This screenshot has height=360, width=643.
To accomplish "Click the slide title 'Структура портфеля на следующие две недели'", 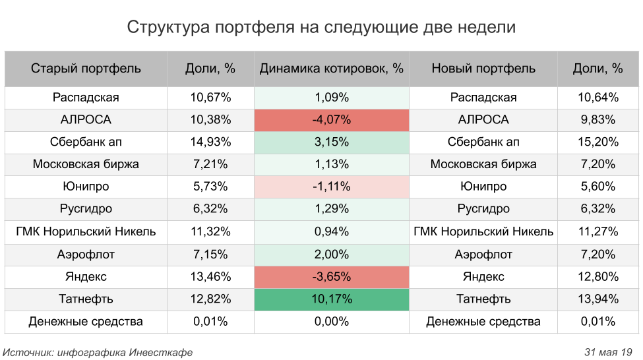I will (x=321, y=28).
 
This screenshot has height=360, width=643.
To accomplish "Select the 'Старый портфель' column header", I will (x=86, y=69).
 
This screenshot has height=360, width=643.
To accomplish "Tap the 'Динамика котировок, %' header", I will (x=331, y=69).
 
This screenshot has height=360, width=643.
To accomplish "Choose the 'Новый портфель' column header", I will (x=483, y=69).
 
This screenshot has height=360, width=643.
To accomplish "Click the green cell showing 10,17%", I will (x=331, y=299).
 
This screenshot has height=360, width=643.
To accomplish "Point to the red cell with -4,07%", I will (x=331, y=120).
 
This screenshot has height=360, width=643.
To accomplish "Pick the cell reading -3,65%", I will (x=331, y=277).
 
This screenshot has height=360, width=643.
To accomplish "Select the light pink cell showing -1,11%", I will (x=331, y=187).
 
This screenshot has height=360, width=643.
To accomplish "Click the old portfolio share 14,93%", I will (x=210, y=142).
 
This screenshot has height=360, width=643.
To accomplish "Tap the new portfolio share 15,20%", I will (x=597, y=142).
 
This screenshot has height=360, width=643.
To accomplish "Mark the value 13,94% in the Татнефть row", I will (x=597, y=299).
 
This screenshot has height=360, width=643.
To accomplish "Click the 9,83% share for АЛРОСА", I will (x=597, y=120).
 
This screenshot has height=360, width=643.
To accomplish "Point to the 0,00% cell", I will (x=331, y=322).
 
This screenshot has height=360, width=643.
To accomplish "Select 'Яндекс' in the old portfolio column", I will (x=86, y=277).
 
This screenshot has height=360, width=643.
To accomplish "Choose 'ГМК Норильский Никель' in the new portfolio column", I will (x=483, y=232).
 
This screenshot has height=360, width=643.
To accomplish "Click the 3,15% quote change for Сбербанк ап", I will (x=331, y=142).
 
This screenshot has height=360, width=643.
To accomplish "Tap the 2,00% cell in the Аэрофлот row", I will (x=331, y=255).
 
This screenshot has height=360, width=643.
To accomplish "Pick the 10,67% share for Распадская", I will (x=210, y=98).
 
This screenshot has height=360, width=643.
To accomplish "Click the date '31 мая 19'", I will (x=608, y=352).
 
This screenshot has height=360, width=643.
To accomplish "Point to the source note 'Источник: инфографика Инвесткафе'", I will (x=98, y=352).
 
